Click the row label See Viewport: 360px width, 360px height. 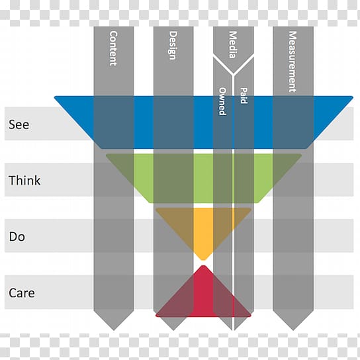(x=19, y=124)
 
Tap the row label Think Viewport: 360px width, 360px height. (x=24, y=180)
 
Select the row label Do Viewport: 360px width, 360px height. (x=17, y=236)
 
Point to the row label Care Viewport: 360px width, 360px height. (x=22, y=292)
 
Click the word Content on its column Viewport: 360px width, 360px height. (x=113, y=48)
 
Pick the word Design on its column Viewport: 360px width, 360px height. (x=173, y=46)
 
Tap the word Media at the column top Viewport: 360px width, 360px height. (x=233, y=44)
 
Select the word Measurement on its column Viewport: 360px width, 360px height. (x=292, y=62)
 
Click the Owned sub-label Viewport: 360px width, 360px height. (x=222, y=101)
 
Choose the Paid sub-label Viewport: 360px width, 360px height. (x=244, y=96)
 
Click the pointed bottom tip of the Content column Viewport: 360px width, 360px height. (x=114, y=330)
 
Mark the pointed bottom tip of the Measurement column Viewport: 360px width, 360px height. (x=293, y=330)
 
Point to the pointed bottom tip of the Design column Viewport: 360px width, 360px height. (x=173, y=330)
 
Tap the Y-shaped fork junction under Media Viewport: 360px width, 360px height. (x=233, y=75)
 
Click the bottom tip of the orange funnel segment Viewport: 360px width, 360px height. (x=203, y=260)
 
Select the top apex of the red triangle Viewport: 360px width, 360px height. (x=203, y=265)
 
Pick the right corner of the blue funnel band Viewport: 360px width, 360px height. (x=353, y=97)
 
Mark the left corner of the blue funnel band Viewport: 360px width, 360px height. (x=55, y=97)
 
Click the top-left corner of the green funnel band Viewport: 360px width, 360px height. (x=107, y=154)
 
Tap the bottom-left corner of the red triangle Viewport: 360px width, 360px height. (x=156, y=316)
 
